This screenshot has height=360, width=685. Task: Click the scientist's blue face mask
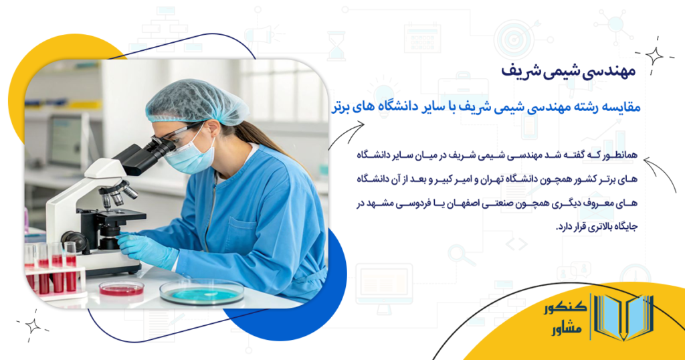point(190,153)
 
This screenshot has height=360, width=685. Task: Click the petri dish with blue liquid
point(201,292)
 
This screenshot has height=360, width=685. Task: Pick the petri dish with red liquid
point(121,288)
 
